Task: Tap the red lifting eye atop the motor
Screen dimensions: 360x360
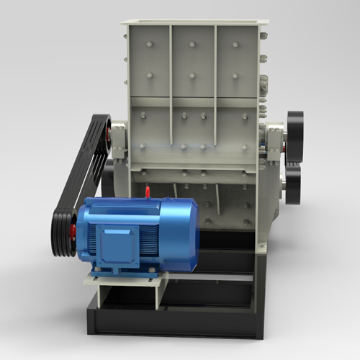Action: [x=148, y=192]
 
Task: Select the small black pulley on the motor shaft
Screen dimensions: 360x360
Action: [x=63, y=230]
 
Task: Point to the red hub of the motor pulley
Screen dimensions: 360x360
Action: [x=72, y=231]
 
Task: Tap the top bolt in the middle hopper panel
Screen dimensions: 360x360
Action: [x=192, y=44]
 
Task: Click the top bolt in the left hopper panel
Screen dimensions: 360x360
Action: [x=148, y=44]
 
